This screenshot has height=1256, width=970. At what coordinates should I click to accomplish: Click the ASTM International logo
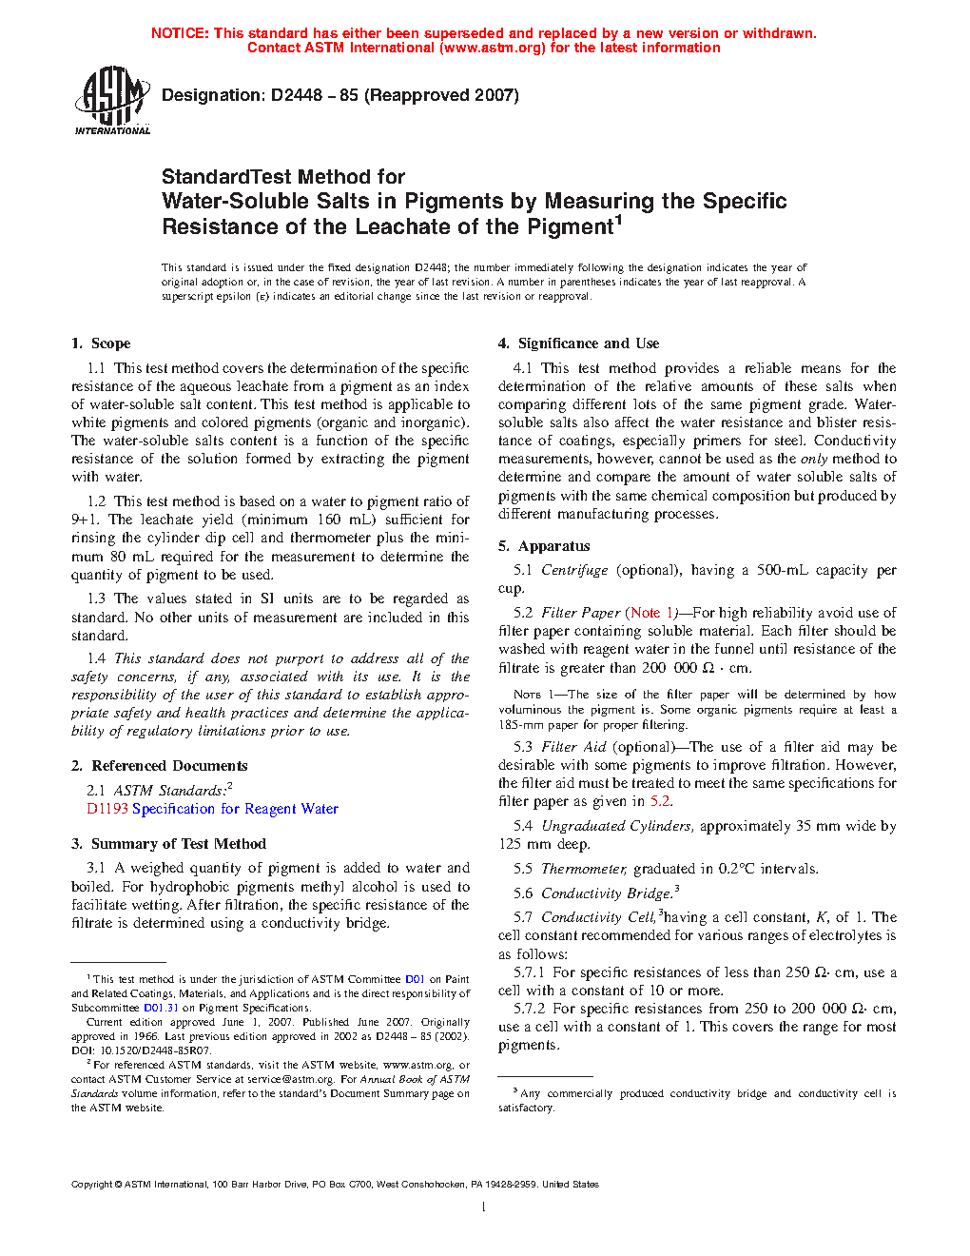click(x=111, y=100)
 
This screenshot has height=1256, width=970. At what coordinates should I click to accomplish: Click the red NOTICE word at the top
click(x=180, y=33)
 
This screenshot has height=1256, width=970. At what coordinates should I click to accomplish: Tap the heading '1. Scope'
click(x=101, y=343)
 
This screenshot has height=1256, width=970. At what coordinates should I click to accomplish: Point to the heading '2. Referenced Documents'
click(x=159, y=766)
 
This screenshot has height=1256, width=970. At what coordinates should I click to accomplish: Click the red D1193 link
click(x=107, y=809)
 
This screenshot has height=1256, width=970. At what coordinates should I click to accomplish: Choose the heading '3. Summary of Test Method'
click(x=168, y=844)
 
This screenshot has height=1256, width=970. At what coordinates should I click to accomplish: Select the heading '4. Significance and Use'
click(x=578, y=343)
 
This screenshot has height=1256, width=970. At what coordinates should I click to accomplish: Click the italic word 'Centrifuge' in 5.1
click(x=574, y=570)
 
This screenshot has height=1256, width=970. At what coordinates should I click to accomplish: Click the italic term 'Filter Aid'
click(x=573, y=747)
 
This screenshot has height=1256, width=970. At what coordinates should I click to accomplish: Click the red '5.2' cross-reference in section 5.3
click(x=660, y=801)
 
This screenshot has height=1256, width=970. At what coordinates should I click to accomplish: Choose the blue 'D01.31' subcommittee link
click(x=161, y=1008)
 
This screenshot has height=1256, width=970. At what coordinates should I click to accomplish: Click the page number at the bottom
click(x=484, y=1207)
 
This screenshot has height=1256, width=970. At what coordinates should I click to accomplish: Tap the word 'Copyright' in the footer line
click(x=91, y=1185)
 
